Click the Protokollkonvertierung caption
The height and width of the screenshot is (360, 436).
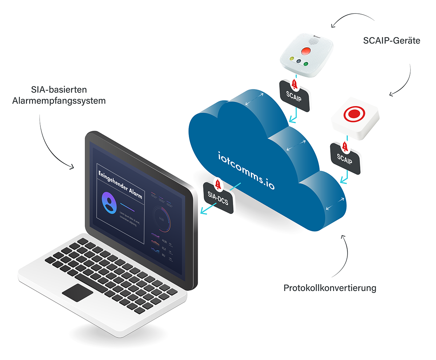(329, 288)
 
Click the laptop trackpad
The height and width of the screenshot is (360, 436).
(77, 293)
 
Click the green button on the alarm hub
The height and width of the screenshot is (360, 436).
(306, 64)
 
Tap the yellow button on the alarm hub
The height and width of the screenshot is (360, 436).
(291, 59)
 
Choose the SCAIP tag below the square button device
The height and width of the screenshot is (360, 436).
(345, 159)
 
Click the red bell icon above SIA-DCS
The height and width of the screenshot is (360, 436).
(218, 184)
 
